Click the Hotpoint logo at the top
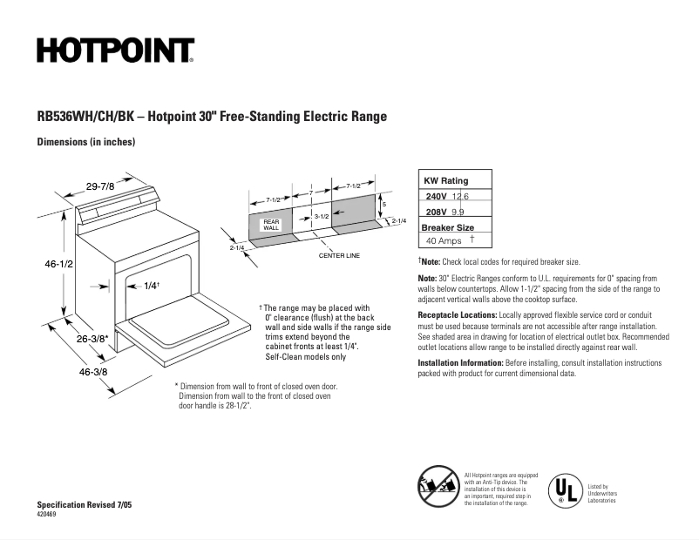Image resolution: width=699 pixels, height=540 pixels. coord(115,51)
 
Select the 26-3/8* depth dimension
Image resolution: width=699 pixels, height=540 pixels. coord(91,339)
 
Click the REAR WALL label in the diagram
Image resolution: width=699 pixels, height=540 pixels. coord(271,225)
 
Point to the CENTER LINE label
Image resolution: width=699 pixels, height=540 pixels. coord(339,256)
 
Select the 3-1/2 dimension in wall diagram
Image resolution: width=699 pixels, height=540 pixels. coord(321,215)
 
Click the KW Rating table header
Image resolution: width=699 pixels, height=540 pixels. coord(445,180)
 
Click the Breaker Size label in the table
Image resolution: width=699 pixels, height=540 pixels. coord(449,226)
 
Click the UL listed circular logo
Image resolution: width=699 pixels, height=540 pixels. coord(564,490)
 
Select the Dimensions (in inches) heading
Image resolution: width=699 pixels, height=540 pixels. coord(85,142)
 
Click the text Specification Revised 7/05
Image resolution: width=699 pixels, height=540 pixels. coord(85,505)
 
